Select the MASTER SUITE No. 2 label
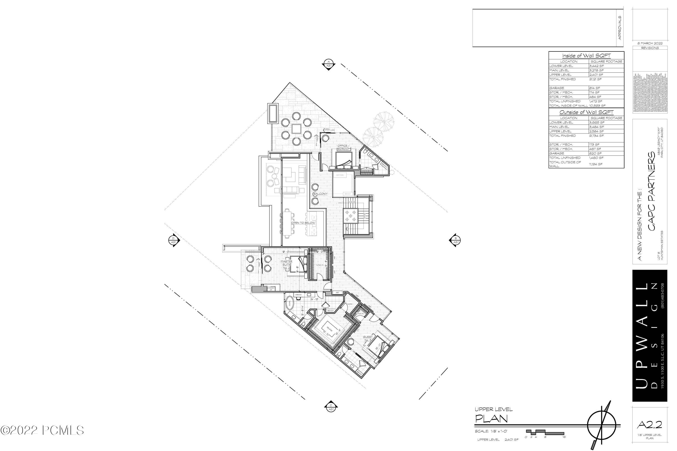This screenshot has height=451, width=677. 286,264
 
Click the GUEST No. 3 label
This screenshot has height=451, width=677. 368,338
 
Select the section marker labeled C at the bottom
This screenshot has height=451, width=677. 331,407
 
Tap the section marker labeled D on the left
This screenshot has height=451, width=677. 174,240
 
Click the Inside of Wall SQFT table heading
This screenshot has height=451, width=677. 586,56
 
